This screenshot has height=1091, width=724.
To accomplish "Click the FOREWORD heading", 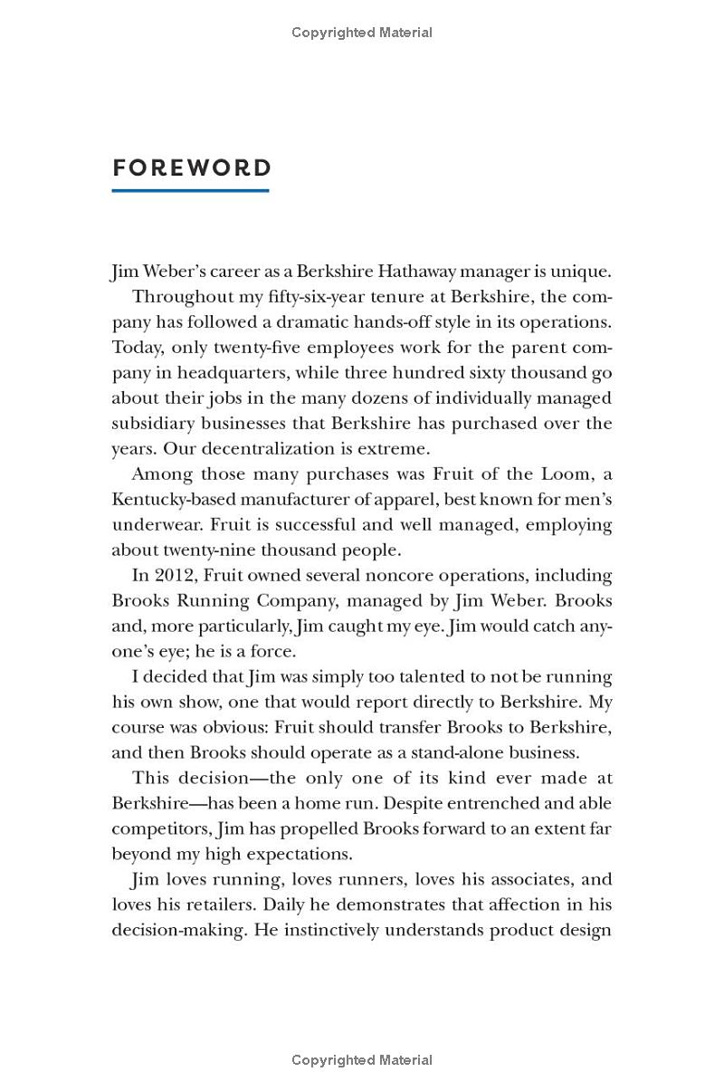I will point(191,168).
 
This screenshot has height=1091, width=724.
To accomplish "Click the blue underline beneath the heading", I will point(190,190).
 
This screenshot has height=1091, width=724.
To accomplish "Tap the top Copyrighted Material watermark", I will point(362,33).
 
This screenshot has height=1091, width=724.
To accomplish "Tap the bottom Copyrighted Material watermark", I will point(362,1059).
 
